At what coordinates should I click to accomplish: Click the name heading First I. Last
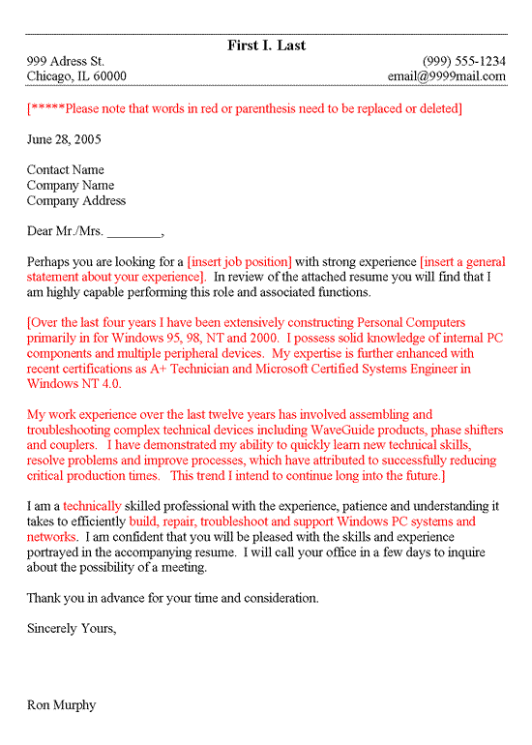point(266,45)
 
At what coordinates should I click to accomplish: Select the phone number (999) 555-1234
point(463,61)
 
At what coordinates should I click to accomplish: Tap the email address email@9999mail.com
point(446,76)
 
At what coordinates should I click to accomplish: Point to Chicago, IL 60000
point(76,76)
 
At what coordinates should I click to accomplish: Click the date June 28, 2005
point(64,139)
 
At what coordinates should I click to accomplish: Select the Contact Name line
point(66,170)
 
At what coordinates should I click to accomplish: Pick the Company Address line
point(76,201)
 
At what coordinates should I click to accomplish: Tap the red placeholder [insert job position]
point(239,261)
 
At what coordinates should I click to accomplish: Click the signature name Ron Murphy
point(62,705)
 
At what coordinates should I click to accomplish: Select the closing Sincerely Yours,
point(72,629)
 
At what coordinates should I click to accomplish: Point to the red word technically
point(93,506)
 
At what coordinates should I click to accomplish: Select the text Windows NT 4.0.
point(74,384)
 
